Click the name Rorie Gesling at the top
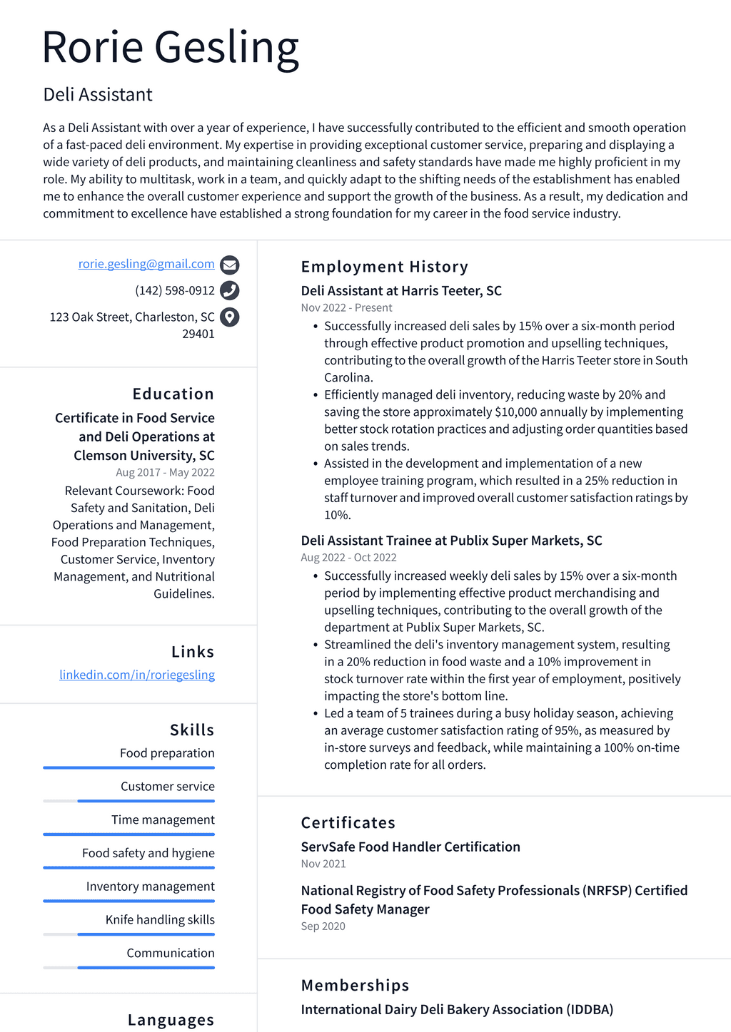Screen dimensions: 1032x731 [x=170, y=48]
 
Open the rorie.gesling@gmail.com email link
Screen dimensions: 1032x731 [x=146, y=264]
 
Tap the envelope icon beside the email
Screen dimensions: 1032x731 [x=229, y=265]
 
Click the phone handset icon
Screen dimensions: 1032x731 [x=229, y=290]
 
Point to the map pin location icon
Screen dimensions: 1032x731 [x=229, y=317]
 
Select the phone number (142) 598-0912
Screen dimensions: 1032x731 [x=175, y=290]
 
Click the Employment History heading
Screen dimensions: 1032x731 [x=384, y=267]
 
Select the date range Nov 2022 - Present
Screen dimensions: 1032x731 [x=346, y=307]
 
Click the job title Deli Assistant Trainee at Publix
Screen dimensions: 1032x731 [x=451, y=541]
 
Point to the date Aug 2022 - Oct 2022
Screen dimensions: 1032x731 [x=348, y=557]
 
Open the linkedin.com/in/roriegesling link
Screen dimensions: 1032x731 [x=137, y=675]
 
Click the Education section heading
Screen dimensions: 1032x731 [x=173, y=394]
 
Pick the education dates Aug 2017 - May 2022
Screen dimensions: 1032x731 [x=165, y=472]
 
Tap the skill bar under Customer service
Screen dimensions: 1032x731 [x=129, y=801]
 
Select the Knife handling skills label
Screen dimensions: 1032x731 [x=160, y=919]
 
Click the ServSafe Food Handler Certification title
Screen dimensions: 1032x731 [x=410, y=847]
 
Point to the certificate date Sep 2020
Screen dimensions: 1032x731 [x=323, y=926]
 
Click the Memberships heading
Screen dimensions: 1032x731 [x=355, y=985]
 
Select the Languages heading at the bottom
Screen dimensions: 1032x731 [x=171, y=1020]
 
